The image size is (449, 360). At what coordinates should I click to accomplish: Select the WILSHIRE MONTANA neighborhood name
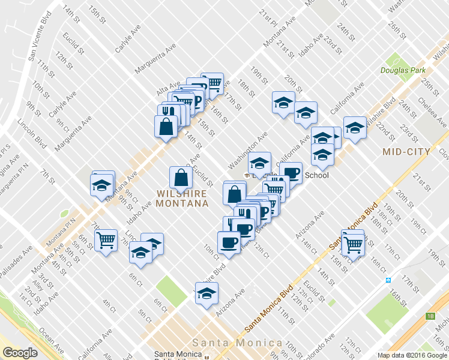click(x=181, y=199)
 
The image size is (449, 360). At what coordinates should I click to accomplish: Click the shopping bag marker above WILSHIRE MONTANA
click(x=181, y=178)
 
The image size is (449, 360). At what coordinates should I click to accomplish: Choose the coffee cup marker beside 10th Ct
click(x=229, y=243)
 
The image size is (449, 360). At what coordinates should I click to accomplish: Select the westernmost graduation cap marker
click(x=102, y=185)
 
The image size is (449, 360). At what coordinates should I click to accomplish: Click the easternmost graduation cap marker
click(x=355, y=128)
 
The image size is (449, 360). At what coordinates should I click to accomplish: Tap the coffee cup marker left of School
click(x=291, y=173)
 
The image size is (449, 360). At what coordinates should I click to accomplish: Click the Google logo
click(x=20, y=353)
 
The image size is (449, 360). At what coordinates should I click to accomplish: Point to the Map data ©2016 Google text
click(x=412, y=355)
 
